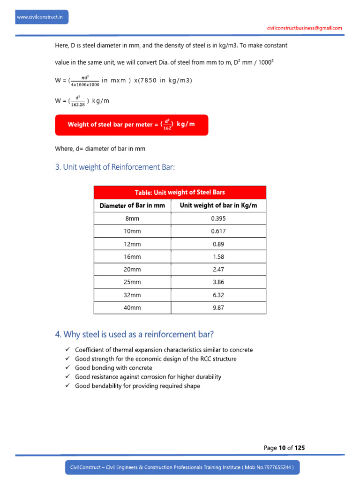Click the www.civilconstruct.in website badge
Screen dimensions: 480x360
(42, 17)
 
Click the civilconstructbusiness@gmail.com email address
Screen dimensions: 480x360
(304, 28)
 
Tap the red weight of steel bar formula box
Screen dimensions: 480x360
(131, 125)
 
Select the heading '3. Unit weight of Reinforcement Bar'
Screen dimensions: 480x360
(115, 167)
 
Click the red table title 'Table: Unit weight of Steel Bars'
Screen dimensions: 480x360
(180, 192)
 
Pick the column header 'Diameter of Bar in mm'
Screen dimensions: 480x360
(132, 205)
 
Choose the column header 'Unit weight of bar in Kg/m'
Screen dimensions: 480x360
(218, 205)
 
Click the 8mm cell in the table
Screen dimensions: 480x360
(132, 218)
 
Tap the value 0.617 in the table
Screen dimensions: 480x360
(218, 231)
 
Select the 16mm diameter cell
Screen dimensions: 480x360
(132, 256)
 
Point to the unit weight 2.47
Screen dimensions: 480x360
(218, 269)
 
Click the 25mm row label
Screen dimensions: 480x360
(132, 282)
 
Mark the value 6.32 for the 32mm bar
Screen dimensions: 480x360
(218, 294)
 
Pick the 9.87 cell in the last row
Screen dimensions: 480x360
(218, 307)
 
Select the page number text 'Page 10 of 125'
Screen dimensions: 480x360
(284, 448)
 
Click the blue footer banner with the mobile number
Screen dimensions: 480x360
(182, 467)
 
